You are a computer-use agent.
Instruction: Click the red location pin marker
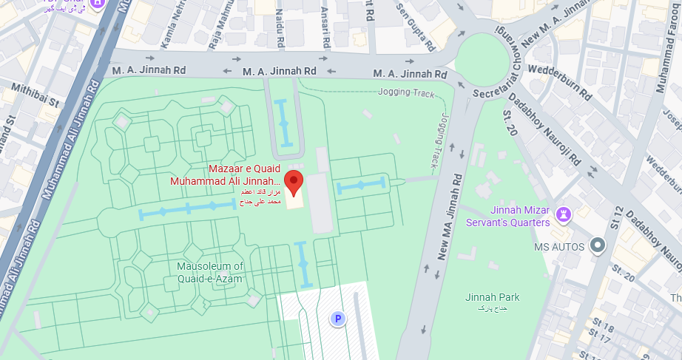click(294, 181)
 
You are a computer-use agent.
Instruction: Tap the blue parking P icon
click(337, 319)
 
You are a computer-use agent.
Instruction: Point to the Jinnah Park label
click(492, 297)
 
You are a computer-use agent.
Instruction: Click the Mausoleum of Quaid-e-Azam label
click(210, 272)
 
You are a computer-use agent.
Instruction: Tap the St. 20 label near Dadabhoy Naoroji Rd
click(509, 122)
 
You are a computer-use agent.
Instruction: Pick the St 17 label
click(600, 339)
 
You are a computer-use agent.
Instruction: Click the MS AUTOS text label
click(559, 246)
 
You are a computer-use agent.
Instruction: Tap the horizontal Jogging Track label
click(406, 92)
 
